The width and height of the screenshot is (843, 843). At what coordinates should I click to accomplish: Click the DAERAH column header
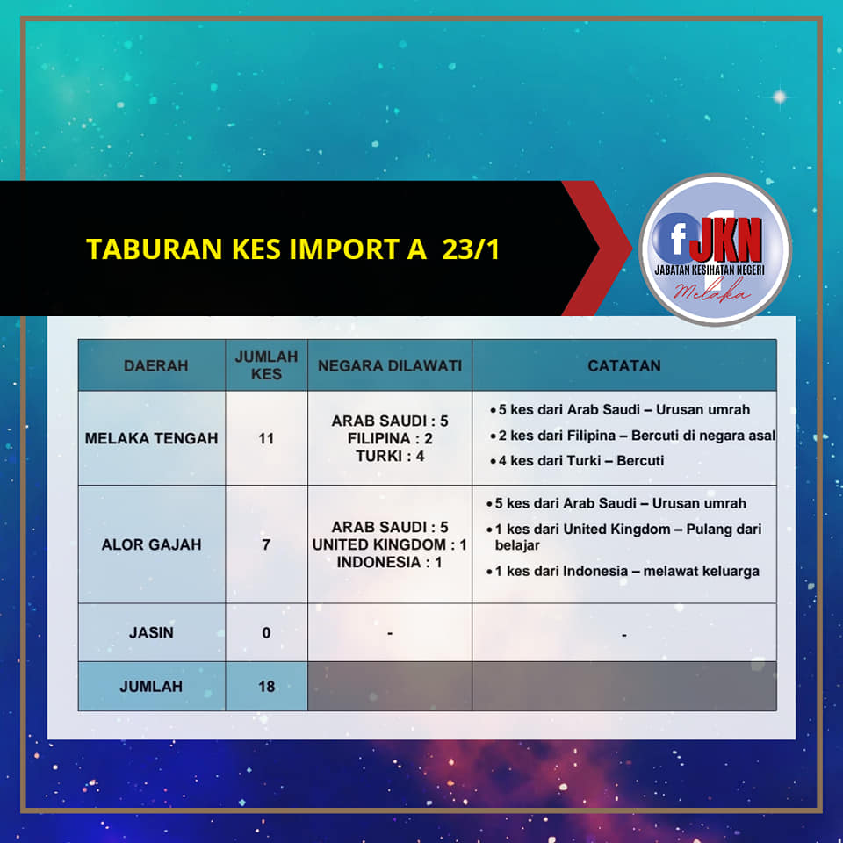pyautogui.click(x=156, y=365)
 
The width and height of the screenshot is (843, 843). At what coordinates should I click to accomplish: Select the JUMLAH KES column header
pyautogui.click(x=266, y=365)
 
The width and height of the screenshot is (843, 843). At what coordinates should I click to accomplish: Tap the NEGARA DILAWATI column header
pyautogui.click(x=390, y=365)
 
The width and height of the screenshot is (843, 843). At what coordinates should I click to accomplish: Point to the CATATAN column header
pyautogui.click(x=623, y=365)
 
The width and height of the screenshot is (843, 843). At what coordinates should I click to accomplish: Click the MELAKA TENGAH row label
pyautogui.click(x=151, y=438)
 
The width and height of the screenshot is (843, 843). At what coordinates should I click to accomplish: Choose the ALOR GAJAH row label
pyautogui.click(x=151, y=544)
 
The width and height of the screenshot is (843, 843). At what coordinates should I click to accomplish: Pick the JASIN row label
pyautogui.click(x=151, y=632)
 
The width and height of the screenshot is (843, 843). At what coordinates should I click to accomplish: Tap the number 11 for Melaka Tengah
pyautogui.click(x=266, y=438)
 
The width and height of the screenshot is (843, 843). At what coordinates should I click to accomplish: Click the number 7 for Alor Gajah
pyautogui.click(x=266, y=544)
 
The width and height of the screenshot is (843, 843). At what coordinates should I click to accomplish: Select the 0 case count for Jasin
pyautogui.click(x=266, y=632)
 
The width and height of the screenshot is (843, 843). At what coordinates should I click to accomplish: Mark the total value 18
pyautogui.click(x=266, y=686)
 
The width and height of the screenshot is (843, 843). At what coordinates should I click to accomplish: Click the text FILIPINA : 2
pyautogui.click(x=390, y=438)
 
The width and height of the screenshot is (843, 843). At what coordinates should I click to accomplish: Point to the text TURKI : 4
pyautogui.click(x=390, y=456)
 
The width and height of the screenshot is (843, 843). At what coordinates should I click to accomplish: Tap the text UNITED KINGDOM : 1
pyautogui.click(x=390, y=544)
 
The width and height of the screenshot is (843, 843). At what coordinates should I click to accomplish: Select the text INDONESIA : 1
pyautogui.click(x=390, y=562)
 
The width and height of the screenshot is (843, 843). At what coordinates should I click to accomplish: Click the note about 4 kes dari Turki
pyautogui.click(x=577, y=461)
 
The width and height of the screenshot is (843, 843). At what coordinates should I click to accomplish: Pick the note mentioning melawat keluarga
pyautogui.click(x=623, y=571)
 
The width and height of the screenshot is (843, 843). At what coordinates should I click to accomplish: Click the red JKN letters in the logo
pyautogui.click(x=726, y=239)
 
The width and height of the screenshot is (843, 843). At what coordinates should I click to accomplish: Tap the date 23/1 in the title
pyautogui.click(x=471, y=249)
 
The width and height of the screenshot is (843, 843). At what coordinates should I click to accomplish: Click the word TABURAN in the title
pyautogui.click(x=155, y=249)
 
